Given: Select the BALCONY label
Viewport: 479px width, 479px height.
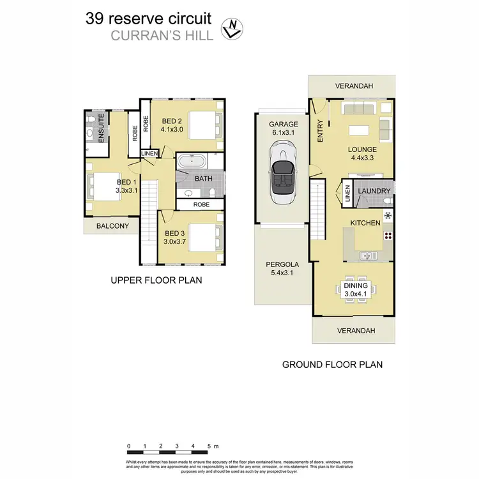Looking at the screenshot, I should coord(112,226).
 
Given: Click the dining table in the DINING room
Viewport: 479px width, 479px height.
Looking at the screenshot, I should coord(353,289).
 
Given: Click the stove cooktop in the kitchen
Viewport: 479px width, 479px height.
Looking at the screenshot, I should coord(387,236).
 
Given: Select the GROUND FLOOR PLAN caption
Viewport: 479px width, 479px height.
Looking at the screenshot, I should coord(332,365).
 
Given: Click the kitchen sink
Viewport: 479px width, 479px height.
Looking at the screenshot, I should coord(366,256).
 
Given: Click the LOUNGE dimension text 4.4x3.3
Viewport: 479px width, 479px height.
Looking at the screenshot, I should coord(362,160).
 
